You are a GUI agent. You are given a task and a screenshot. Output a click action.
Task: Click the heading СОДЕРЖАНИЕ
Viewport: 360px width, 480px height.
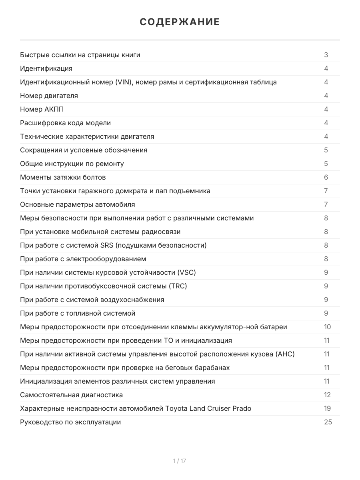(180, 22)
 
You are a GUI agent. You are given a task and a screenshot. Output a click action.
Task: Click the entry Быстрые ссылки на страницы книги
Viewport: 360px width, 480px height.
(80, 55)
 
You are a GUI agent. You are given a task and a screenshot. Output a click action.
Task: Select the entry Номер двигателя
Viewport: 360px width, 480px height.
(49, 96)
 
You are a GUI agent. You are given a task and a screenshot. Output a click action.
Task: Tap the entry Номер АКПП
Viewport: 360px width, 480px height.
(42, 109)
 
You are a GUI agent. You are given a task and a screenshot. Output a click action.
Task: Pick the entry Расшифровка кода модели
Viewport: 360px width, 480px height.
(65, 123)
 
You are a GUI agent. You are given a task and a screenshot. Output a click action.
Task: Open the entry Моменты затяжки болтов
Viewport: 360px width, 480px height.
(63, 177)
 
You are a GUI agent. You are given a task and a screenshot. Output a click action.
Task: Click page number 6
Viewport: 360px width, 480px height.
(326, 177)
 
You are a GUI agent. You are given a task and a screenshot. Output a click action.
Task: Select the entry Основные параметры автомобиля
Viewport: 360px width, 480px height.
(77, 204)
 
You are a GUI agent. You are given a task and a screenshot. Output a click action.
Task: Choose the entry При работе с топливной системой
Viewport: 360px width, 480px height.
(78, 313)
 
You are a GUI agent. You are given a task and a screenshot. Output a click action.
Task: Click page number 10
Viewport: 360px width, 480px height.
(327, 327)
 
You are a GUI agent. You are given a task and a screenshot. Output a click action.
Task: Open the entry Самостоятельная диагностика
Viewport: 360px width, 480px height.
(71, 395)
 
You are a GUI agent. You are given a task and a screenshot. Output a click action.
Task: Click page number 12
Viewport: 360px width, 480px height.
(327, 395)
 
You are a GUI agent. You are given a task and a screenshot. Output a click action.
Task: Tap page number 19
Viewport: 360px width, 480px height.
(327, 408)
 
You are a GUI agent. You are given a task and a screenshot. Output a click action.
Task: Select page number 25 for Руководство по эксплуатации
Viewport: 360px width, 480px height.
(328, 422)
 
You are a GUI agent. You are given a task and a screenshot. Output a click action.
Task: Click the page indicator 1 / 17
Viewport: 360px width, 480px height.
(180, 461)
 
